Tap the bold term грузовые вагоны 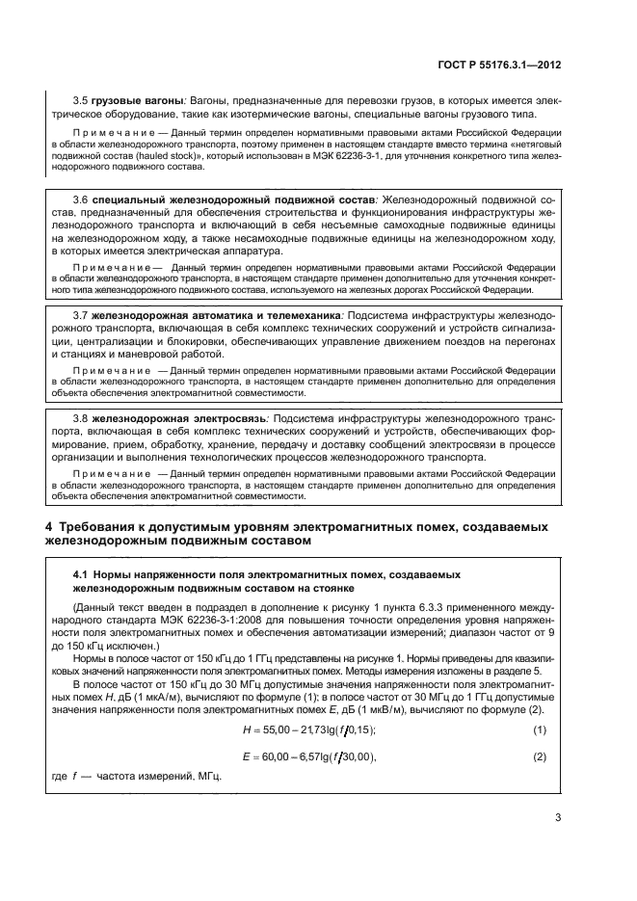click(137, 100)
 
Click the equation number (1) click(540, 727)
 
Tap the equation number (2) click(540, 755)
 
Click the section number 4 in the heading click(50, 527)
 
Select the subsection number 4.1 click(82, 573)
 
